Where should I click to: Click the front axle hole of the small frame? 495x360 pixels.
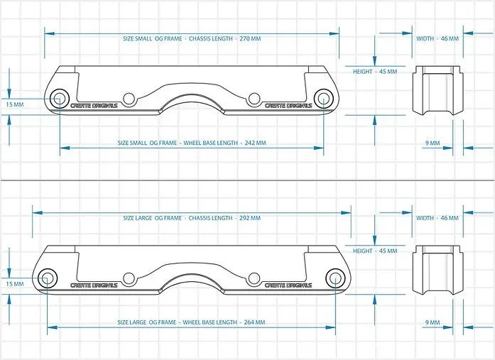tap(60, 99)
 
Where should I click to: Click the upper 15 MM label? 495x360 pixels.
tap(14, 104)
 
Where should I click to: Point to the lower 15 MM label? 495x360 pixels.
tap(14, 283)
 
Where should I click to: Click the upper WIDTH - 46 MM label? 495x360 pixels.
tap(437, 38)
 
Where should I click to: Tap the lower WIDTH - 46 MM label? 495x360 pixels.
tap(437, 218)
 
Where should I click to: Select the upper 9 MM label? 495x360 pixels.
tap(433, 143)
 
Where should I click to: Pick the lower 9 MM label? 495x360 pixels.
tap(433, 322)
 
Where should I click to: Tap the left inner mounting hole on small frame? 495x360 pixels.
tap(129, 99)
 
